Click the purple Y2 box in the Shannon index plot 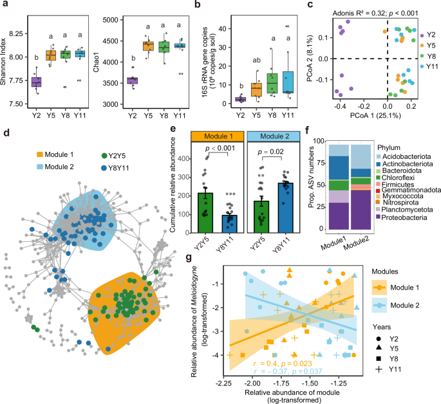37,82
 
